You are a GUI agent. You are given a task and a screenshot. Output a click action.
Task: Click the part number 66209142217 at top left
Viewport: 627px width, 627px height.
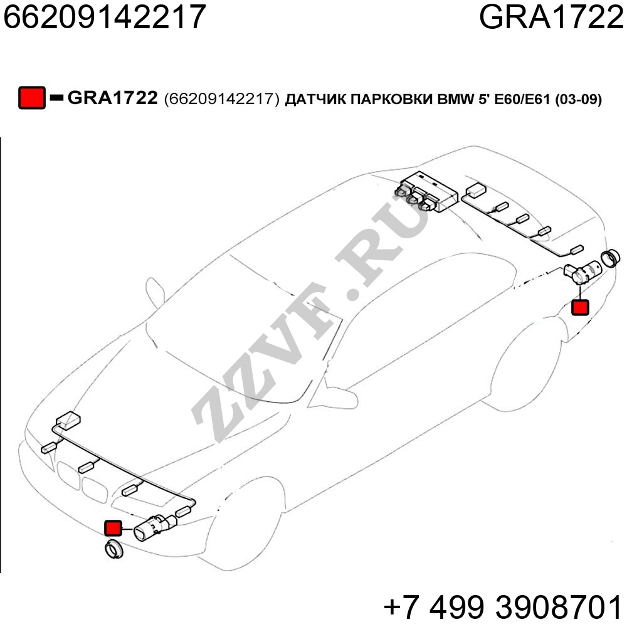pyautogui.click(x=104, y=17)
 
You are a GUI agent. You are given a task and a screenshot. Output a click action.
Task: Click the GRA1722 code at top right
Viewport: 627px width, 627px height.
pyautogui.click(x=551, y=17)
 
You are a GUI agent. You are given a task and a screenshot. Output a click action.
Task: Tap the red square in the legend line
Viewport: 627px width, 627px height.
pyautogui.click(x=31, y=98)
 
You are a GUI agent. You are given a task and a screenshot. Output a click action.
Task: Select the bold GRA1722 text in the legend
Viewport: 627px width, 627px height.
pyautogui.click(x=112, y=98)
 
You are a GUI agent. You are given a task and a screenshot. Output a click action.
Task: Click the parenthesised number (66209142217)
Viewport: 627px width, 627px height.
pyautogui.click(x=221, y=99)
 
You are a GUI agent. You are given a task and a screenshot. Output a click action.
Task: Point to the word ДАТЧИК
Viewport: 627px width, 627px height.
pyautogui.click(x=315, y=99)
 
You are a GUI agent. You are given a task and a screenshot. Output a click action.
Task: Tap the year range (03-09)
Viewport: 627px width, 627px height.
pyautogui.click(x=578, y=99)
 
